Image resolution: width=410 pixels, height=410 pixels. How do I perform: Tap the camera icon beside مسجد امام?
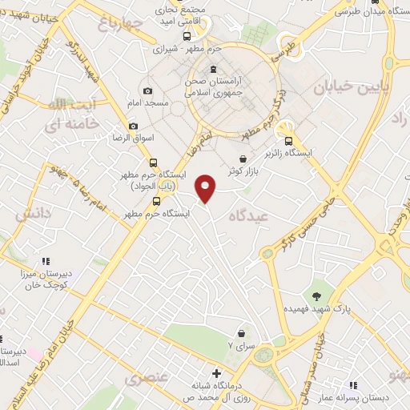148,91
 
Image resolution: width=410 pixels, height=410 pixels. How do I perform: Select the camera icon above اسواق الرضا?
134,127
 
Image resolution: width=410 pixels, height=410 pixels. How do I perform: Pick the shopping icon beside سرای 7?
241,333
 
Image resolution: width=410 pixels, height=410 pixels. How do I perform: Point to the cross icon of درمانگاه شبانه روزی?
215,373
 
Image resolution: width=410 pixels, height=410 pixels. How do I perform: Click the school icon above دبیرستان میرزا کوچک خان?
46,261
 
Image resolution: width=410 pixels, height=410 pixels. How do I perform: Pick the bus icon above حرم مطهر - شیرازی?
187,36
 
